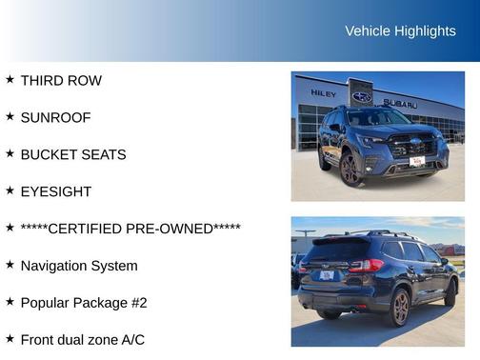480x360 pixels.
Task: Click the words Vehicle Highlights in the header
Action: pyautogui.click(x=400, y=31)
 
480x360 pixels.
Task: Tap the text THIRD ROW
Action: pyautogui.click(x=61, y=81)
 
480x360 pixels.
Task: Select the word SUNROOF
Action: pyautogui.click(x=55, y=117)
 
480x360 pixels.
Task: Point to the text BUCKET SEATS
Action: pyautogui.click(x=72, y=154)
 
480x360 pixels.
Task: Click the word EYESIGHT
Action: pyautogui.click(x=56, y=191)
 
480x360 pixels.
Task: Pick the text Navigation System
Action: pyautogui.click(x=79, y=266)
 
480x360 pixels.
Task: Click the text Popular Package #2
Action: pyautogui.click(x=84, y=303)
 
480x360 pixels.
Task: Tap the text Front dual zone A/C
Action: pyautogui.click(x=82, y=340)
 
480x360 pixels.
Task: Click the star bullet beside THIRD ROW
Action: pyautogui.click(x=10, y=80)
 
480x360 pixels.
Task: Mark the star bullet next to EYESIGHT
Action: pyautogui.click(x=10, y=190)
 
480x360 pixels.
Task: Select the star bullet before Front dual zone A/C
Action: pyautogui.click(x=10, y=339)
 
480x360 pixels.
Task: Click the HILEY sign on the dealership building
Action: pyautogui.click(x=323, y=93)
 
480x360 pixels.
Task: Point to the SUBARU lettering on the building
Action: pyautogui.click(x=400, y=103)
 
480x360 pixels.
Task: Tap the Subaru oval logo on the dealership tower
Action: pyautogui.click(x=362, y=96)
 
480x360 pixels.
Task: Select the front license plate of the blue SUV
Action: pyautogui.click(x=416, y=162)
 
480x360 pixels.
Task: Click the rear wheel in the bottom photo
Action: pyautogui.click(x=400, y=307)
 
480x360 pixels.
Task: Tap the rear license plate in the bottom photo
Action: pyautogui.click(x=327, y=275)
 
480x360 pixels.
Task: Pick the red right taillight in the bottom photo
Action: pyautogui.click(x=366, y=266)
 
